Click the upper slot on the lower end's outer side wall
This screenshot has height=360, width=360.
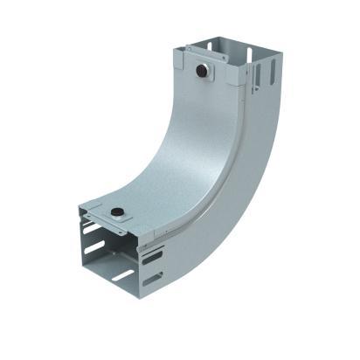pyautogui.click(x=151, y=256)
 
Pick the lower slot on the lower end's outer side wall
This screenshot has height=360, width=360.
pyautogui.click(x=153, y=280)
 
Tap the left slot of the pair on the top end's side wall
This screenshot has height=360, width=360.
pyautogui.click(x=255, y=71)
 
